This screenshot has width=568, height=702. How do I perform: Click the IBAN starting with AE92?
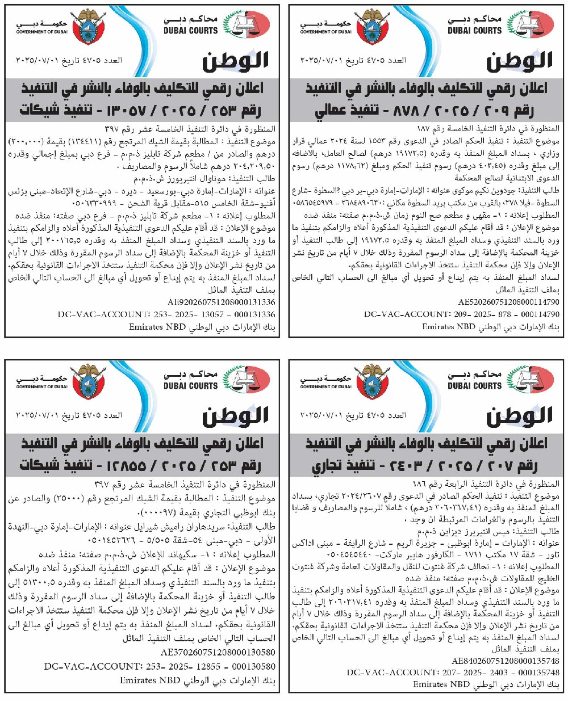(x=222, y=302)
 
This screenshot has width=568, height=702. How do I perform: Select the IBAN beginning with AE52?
(x=508, y=302)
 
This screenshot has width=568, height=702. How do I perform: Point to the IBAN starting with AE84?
(x=506, y=661)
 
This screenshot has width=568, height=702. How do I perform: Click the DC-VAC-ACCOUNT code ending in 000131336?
(x=166, y=314)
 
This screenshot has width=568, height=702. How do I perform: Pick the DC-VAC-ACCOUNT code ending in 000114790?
(x=462, y=314)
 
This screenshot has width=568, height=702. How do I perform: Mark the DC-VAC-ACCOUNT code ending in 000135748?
(x=453, y=672)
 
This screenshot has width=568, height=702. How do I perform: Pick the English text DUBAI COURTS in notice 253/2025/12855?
(x=190, y=386)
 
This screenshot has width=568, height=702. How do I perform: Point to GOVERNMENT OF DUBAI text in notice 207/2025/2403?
(x=325, y=387)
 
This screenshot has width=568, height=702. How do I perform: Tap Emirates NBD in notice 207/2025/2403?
(x=437, y=684)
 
